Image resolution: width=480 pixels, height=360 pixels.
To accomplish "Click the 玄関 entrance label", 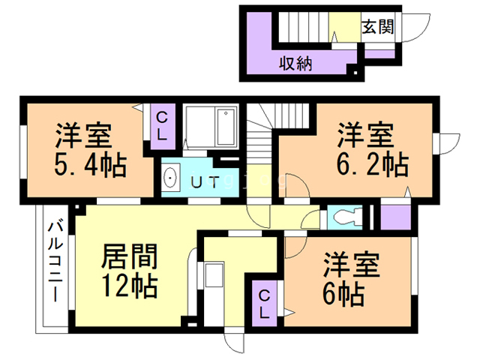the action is point(377,27).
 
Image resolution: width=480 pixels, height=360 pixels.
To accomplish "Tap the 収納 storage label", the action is point(295,64).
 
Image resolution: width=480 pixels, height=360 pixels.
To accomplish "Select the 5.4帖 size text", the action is point(91,165).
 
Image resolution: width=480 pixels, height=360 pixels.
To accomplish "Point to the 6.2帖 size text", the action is point(373,165).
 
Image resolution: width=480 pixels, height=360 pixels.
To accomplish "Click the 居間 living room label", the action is point(129,256).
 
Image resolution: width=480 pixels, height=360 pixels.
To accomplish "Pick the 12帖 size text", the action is point(130,286).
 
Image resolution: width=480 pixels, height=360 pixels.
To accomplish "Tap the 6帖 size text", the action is point(343,294).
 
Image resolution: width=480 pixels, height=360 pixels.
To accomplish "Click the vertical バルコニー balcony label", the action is point(55,262).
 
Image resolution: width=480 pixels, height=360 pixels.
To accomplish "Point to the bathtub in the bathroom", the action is point(226,126).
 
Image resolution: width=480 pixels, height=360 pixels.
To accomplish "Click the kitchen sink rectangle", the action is point(213,274).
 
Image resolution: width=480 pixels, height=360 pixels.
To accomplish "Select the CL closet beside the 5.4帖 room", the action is point(163,126).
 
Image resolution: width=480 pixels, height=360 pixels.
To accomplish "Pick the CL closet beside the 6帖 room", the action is point(264,304).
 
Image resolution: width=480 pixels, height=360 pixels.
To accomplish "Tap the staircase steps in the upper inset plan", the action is point(304,27).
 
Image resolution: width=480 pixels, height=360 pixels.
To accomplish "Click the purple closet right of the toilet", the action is point(395,217).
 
